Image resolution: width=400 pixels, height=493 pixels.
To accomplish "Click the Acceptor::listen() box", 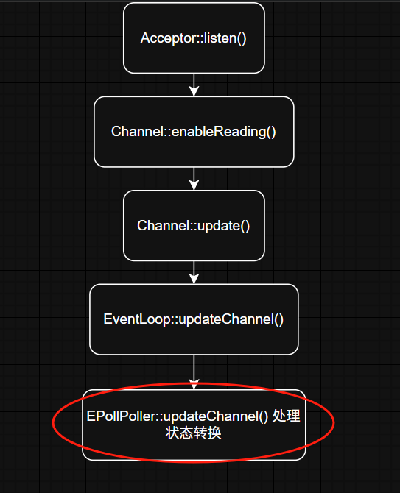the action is [194, 38].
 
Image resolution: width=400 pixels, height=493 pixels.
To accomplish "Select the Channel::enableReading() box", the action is [194, 132].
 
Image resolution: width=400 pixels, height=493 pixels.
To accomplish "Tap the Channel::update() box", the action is [194, 226].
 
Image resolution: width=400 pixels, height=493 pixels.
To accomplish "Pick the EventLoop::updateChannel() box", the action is [194, 319].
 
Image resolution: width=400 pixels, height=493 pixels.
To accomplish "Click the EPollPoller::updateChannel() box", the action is [194, 425].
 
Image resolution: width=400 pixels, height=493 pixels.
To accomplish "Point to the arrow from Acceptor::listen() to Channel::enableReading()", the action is [194, 85].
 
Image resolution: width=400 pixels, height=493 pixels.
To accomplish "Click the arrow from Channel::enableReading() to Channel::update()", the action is [194, 179].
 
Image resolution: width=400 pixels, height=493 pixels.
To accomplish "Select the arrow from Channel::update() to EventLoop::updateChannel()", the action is [194, 272].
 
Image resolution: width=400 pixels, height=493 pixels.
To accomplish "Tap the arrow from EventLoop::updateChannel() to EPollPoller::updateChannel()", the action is [194, 372].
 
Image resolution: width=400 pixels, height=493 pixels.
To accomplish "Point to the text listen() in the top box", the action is [225, 38].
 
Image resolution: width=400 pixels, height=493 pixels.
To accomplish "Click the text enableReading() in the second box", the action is [224, 132].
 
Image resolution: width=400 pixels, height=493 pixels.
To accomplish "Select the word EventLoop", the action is [137, 319].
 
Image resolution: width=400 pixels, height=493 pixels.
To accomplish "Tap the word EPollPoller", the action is [123, 416].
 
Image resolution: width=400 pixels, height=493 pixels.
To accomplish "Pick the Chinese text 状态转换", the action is [194, 433].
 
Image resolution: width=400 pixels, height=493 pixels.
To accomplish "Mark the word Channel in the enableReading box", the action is [137, 132].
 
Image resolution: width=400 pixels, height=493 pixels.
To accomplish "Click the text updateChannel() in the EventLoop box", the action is [231, 319].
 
